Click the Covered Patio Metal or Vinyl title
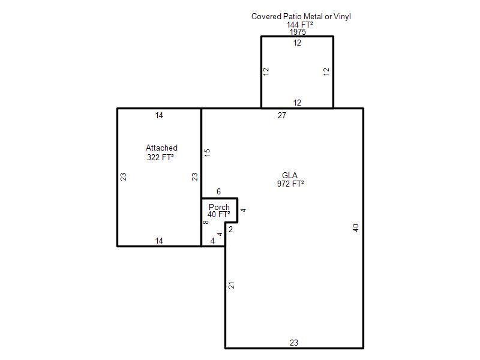(301, 17)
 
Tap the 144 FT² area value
(299, 25)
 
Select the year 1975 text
(298, 32)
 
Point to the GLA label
(290, 175)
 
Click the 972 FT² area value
(290, 184)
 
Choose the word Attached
(161, 148)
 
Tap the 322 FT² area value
(160, 157)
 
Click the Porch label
(219, 207)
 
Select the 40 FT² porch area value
(218, 214)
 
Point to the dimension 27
(282, 115)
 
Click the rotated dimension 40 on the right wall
(355, 228)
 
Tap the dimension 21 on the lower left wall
(232, 285)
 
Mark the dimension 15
(207, 153)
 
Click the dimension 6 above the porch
(218, 191)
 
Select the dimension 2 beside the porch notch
(230, 229)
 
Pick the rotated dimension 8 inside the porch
(206, 222)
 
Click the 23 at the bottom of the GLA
(294, 343)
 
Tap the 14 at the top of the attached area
(159, 115)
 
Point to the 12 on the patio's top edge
(297, 43)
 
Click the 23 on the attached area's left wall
(123, 177)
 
